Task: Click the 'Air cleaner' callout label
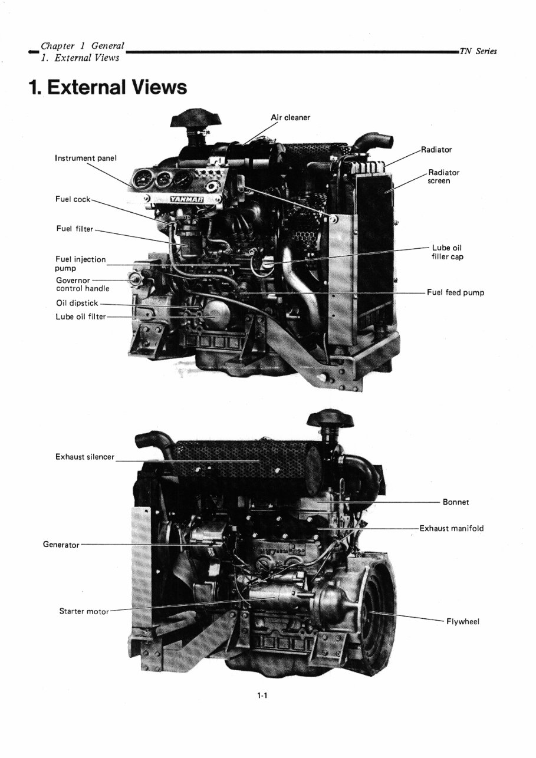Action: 290,117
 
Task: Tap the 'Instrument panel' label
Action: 86,158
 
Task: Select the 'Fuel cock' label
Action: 73,199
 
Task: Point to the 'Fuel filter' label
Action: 74,229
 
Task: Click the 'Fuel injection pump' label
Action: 80,263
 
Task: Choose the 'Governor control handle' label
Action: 82,284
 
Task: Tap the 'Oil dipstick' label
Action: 77,304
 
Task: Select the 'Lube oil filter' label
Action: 81,317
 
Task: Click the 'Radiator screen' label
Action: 443,176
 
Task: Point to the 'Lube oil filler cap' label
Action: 448,252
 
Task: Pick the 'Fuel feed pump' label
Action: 456,292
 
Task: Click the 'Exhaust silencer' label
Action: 85,457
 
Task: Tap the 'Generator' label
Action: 61,544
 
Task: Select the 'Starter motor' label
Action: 84,611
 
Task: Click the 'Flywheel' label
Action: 463,621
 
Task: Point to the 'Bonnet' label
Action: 456,502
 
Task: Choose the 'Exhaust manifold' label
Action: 451,528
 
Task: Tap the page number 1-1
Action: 262,696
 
